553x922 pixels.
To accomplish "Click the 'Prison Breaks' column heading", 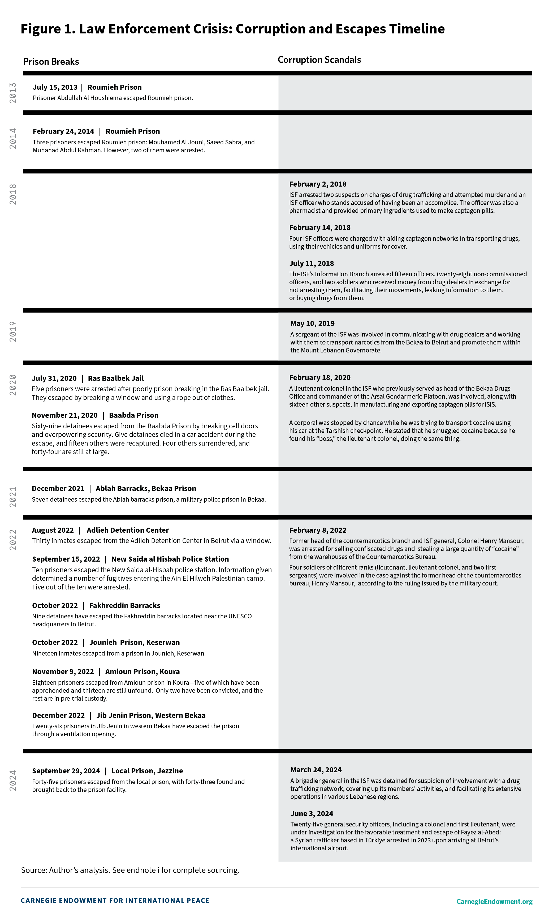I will tap(51, 62).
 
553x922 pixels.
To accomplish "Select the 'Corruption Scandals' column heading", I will tap(319, 60).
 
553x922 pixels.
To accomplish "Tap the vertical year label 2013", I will tap(13, 93).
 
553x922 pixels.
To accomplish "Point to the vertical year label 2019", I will tap(13, 332).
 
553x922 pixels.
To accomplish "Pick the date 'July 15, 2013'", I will tap(55, 87).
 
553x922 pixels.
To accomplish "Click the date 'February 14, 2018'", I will tap(320, 228).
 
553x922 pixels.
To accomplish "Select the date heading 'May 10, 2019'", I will tap(312, 324).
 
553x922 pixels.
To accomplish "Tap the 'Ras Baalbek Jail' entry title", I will tap(116, 378).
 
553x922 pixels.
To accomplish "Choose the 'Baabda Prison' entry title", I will tap(133, 415).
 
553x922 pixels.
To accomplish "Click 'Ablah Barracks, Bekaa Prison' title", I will tap(146, 489).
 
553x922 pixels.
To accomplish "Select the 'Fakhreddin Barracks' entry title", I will tap(124, 606).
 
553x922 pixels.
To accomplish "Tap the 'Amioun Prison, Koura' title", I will tap(142, 671).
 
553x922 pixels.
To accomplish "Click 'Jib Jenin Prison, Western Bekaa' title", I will tap(151, 716).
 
